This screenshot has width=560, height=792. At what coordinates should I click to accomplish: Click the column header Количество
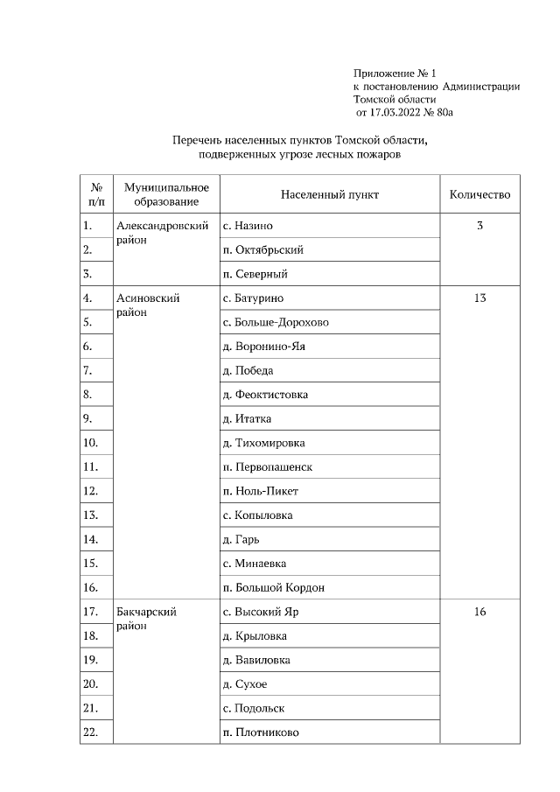pos(479,194)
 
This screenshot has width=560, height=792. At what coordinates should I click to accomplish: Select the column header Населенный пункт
pos(330,194)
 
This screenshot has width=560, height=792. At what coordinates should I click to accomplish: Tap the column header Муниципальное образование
pos(166,194)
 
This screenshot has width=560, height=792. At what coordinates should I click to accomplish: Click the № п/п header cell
pos(96,194)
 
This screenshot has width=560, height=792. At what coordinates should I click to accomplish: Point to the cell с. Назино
pos(252,226)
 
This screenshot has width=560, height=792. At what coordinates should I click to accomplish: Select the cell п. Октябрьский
pos(263,250)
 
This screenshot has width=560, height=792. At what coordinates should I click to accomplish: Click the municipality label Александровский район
pos(162,232)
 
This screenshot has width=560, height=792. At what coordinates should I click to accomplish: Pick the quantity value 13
pos(479,298)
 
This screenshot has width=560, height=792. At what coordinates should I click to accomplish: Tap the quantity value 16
pos(479,612)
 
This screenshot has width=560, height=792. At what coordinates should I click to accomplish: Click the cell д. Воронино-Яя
pos(264,347)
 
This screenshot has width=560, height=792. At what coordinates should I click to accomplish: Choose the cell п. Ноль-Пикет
pos(261,491)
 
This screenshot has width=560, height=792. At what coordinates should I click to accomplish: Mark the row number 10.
pos(90,443)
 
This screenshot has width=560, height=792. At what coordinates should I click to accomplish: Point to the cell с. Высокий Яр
pos(261,612)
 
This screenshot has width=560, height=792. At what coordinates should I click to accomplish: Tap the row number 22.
pos(90,732)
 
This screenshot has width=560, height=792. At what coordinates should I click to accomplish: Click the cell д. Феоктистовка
pos(265,395)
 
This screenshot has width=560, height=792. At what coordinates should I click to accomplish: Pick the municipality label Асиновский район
pos(148,305)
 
